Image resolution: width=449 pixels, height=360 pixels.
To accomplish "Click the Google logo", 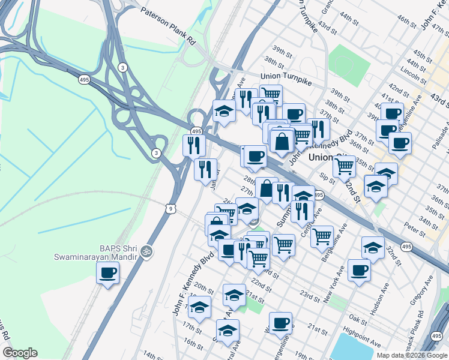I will [20, 353].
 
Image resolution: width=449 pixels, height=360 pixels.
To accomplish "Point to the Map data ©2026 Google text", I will [412, 355].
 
